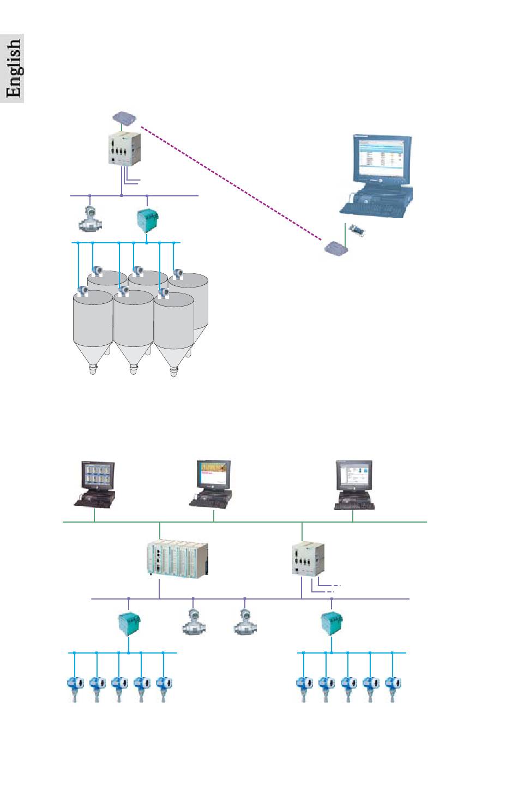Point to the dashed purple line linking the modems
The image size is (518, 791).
pyautogui.click(x=229, y=183)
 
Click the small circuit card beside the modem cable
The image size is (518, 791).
pyautogui.click(x=357, y=231)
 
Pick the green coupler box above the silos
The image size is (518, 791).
pyautogui.click(x=147, y=220)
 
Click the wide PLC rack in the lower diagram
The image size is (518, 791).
pyautogui.click(x=177, y=560)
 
